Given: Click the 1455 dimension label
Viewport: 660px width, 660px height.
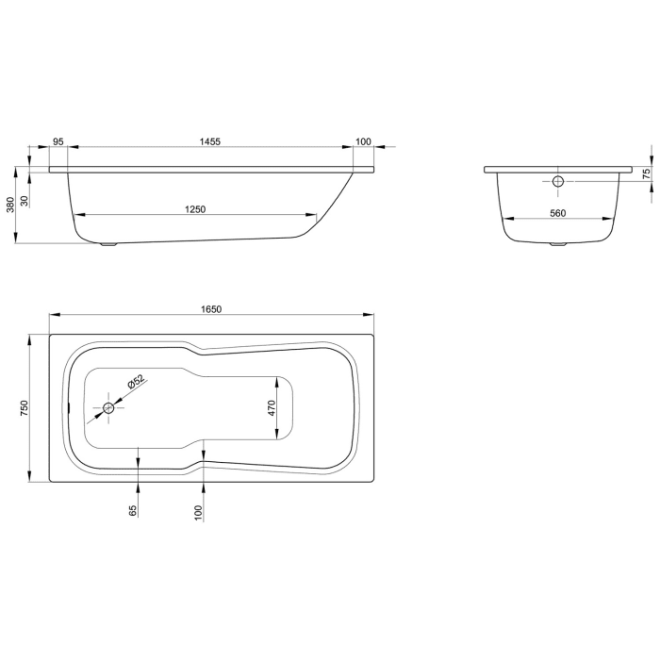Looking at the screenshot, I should click(209, 141).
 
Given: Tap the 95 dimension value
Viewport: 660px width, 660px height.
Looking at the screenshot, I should click(58, 141).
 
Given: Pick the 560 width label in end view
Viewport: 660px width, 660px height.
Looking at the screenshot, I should click(556, 214).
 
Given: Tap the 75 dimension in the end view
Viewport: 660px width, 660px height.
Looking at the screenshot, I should click(646, 173).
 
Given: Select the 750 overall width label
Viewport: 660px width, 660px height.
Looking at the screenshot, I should click(25, 407).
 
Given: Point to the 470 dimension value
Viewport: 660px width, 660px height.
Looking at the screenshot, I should click(270, 408).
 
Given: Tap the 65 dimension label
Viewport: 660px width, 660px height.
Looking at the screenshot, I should click(133, 510).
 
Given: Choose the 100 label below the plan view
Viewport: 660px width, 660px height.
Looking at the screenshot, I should click(198, 512).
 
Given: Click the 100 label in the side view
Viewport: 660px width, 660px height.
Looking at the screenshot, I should click(363, 141).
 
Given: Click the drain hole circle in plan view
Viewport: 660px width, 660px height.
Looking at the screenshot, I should click(108, 408).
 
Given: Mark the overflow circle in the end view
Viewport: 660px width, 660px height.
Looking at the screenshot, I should click(557, 180).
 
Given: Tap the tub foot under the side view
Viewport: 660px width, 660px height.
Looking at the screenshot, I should click(109, 245).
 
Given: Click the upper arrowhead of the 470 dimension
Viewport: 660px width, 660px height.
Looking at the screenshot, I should click(276, 381).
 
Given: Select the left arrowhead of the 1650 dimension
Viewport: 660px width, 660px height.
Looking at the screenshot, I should click(53, 314).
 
